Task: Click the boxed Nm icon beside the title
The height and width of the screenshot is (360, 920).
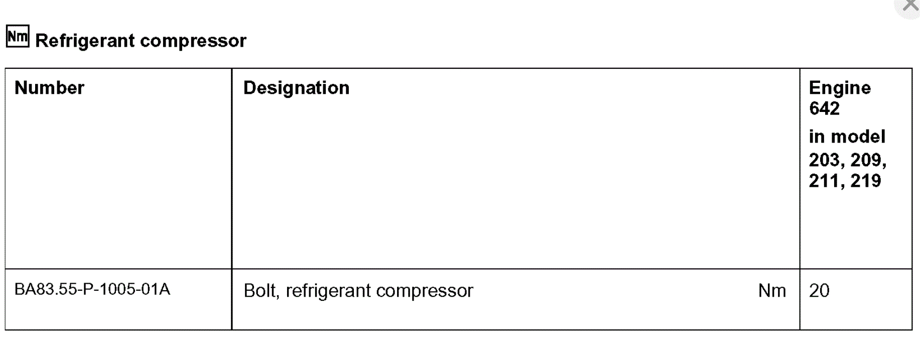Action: click(x=18, y=37)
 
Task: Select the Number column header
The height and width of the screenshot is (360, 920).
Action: click(x=49, y=88)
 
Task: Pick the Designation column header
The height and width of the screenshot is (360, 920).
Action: click(x=296, y=88)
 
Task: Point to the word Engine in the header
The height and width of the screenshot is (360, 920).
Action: click(x=840, y=88)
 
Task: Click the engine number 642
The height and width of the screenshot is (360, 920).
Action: click(x=824, y=108)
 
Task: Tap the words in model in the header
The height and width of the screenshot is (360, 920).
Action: click(x=847, y=137)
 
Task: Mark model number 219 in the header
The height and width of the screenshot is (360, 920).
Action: click(x=865, y=181)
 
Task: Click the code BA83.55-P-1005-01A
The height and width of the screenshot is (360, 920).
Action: click(x=92, y=289)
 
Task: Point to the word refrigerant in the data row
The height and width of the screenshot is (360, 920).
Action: click(x=328, y=291)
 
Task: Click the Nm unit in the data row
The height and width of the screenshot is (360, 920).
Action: click(x=772, y=291)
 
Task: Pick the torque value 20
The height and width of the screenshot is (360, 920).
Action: click(x=819, y=291)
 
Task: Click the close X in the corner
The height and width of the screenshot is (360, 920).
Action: click(x=910, y=6)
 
